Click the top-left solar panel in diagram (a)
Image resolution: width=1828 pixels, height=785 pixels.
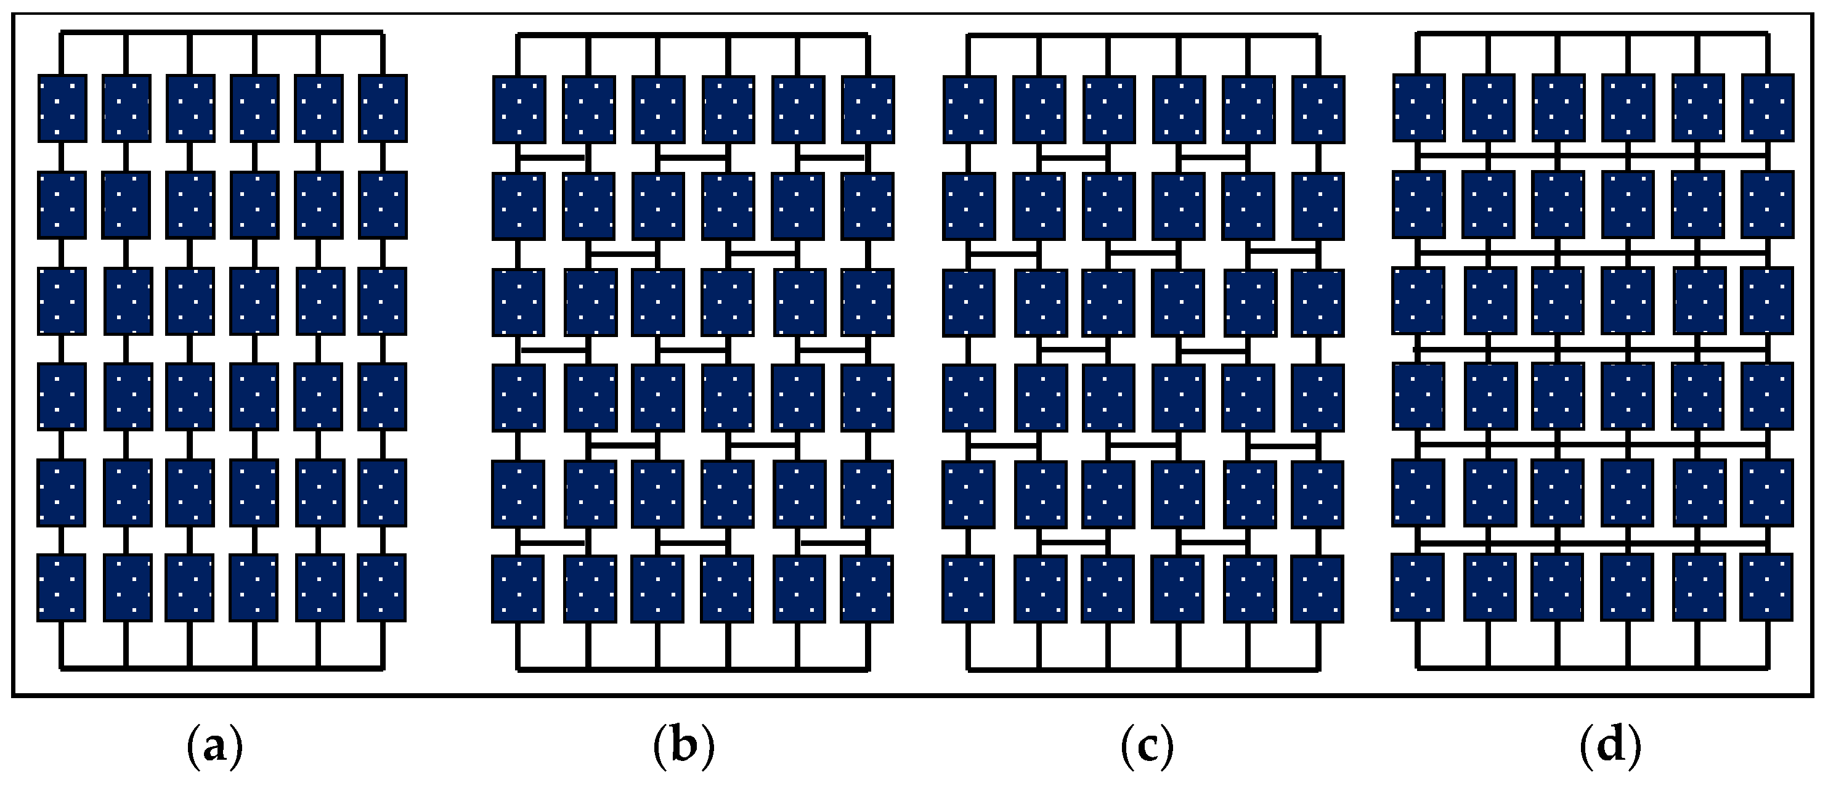click(x=62, y=108)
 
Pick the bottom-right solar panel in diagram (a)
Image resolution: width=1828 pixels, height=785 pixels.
click(x=382, y=588)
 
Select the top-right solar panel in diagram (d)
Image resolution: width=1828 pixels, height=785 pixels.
click(x=1767, y=107)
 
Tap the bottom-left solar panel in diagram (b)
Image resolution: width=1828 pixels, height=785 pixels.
click(x=518, y=589)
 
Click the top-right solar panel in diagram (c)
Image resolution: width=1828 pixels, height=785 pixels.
click(x=1318, y=109)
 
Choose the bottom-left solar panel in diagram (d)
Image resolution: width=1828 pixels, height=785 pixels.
click(x=1417, y=588)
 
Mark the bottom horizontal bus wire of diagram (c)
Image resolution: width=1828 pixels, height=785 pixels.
click(x=1144, y=669)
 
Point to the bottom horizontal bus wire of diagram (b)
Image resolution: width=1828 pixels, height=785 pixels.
click(x=693, y=669)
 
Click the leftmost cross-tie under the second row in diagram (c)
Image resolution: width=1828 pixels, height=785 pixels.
click(x=1002, y=253)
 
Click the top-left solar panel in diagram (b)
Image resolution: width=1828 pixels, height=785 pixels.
click(x=519, y=109)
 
